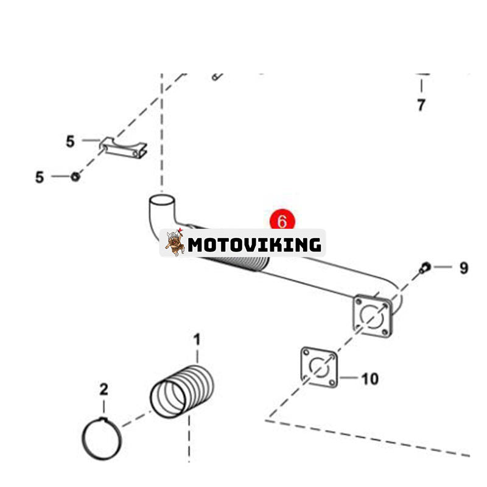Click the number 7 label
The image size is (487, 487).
pyautogui.click(x=421, y=105)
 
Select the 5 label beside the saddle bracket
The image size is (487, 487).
pyautogui.click(x=71, y=141)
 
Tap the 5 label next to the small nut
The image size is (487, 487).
pyautogui.click(x=40, y=177)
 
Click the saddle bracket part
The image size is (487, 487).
pyautogui.click(x=124, y=148)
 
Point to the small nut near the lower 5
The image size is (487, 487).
pyautogui.click(x=75, y=177)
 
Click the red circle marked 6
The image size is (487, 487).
pyautogui.click(x=282, y=221)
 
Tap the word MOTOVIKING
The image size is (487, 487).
pyautogui.click(x=254, y=245)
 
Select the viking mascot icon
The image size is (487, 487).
pyautogui.click(x=175, y=243)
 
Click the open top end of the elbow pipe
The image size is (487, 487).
pyautogui.click(x=161, y=200)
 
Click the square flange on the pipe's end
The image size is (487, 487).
pyautogui.click(x=372, y=314)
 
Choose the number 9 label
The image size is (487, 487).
pyautogui.click(x=463, y=268)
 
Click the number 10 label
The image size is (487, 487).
pyautogui.click(x=370, y=379)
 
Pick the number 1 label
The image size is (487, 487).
pyautogui.click(x=197, y=338)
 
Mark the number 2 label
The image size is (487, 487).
pyautogui.click(x=103, y=389)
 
